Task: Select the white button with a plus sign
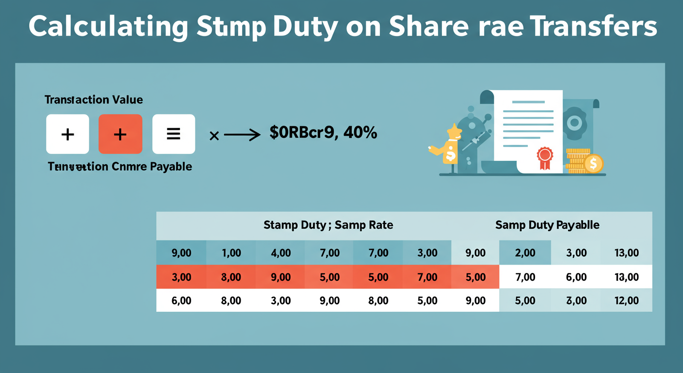[67, 134]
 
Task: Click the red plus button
[120, 134]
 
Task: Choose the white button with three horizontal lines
[174, 134]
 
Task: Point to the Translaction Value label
[94, 100]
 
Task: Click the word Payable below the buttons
[171, 167]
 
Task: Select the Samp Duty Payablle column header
[547, 225]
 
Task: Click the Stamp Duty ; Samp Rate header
[328, 225]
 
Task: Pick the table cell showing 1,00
[231, 253]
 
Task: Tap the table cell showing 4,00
[280, 253]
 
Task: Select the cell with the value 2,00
[525, 253]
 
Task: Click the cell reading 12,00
[626, 301]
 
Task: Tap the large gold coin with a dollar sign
[593, 163]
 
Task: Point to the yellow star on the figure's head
[454, 131]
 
